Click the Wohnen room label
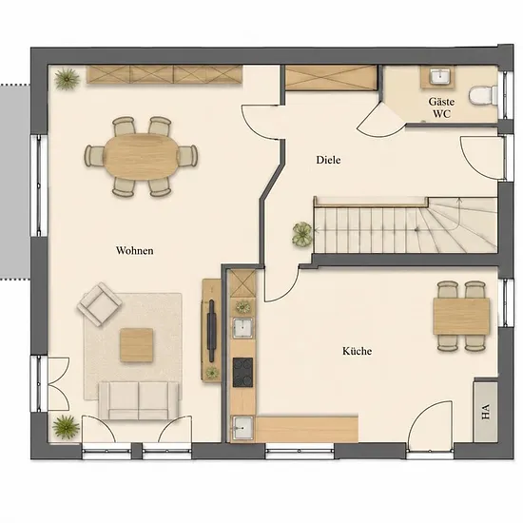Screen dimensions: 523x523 click(135, 250)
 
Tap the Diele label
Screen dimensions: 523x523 click(329, 160)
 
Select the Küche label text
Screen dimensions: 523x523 click(358, 351)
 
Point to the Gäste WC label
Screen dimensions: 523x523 click(441, 107)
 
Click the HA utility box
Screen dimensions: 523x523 click(486, 412)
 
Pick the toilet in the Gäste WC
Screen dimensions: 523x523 click(483, 96)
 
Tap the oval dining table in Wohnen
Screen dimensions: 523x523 click(142, 157)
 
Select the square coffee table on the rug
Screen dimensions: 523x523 click(137, 345)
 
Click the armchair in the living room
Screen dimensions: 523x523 click(100, 304)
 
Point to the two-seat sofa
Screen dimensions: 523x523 click(139, 400)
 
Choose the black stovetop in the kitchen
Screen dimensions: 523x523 click(242, 372)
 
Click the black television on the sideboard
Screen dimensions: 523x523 click(211, 331)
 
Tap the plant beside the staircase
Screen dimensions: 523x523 click(302, 234)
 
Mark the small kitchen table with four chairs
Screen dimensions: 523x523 click(461, 317)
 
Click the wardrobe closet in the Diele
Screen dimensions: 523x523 click(331, 78)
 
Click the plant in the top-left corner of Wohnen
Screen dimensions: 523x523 click(68, 79)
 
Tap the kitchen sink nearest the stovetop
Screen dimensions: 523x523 click(242, 328)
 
